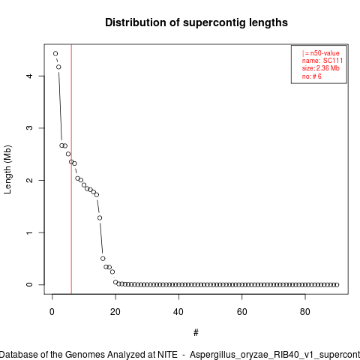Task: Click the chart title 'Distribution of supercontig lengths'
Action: (196, 22)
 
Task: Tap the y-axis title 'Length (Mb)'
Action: (7, 169)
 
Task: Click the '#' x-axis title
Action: (196, 333)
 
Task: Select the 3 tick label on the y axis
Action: (29, 128)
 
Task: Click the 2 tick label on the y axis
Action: (29, 180)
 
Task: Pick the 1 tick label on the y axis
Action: (29, 232)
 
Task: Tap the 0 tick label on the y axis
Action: (29, 285)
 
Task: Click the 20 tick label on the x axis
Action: (115, 312)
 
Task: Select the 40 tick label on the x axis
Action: (178, 312)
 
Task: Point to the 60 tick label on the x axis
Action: (242, 312)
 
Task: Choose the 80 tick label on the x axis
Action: (305, 312)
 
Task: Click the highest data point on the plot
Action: (55, 53)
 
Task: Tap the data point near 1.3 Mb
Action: (100, 218)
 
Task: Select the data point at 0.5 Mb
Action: (103, 259)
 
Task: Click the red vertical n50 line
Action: (71, 169)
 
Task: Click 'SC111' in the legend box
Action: (333, 61)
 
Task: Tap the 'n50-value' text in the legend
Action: (325, 53)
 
